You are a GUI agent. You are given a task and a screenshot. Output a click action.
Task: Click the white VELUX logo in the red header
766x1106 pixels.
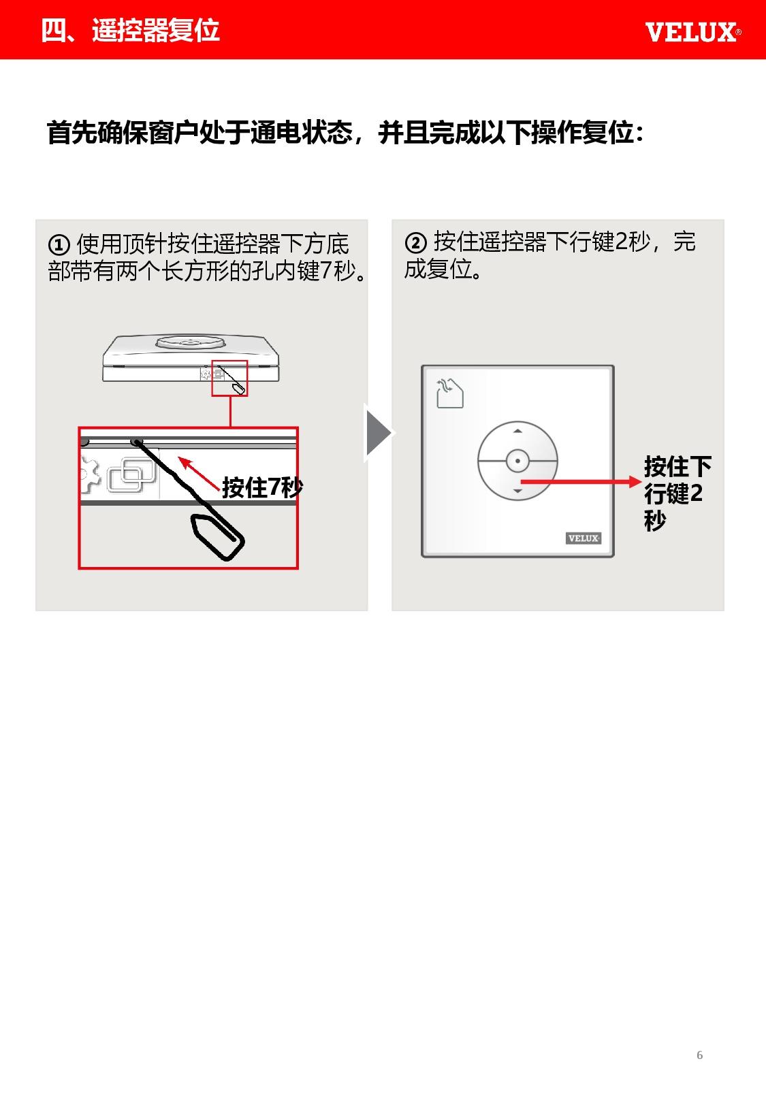(x=693, y=33)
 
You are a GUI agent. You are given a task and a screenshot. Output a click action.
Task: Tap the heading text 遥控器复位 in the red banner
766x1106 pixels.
(x=155, y=30)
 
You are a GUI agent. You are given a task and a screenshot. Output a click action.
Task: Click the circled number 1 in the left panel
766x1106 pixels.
(x=59, y=245)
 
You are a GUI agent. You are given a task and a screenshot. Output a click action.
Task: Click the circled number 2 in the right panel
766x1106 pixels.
(x=415, y=242)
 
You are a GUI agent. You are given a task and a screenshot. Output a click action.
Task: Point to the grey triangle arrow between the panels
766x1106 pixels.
(x=379, y=432)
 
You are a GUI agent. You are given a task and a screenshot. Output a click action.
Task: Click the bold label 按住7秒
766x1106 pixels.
(x=262, y=487)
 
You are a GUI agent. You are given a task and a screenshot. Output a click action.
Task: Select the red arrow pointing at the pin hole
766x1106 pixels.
(x=199, y=473)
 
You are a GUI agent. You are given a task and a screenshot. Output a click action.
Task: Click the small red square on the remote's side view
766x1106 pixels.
(x=229, y=378)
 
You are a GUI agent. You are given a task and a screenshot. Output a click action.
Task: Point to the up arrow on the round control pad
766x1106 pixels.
(x=517, y=431)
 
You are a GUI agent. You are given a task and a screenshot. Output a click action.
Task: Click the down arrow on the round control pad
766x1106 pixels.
(x=517, y=491)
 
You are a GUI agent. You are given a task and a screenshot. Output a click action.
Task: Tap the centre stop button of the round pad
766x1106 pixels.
(x=517, y=461)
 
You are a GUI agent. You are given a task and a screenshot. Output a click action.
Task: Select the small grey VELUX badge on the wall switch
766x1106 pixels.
(x=584, y=538)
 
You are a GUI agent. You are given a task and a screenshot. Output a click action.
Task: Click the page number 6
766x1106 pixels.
(x=699, y=1055)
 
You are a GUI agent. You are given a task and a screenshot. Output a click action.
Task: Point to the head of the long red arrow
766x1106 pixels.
(x=635, y=482)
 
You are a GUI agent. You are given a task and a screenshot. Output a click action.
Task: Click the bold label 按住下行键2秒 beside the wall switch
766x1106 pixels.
(x=677, y=493)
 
